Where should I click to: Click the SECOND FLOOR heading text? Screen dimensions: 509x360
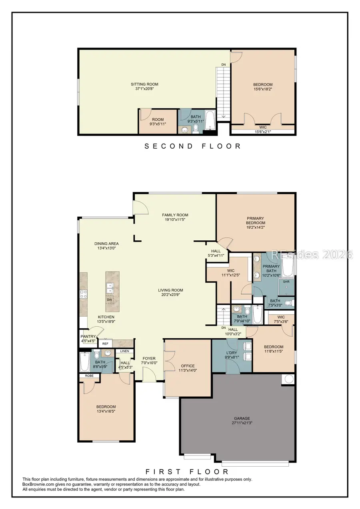click(x=192, y=146)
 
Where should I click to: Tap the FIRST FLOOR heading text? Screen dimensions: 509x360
click(x=187, y=471)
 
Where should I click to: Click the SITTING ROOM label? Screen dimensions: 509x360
click(x=144, y=84)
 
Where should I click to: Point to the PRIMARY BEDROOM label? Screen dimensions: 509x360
click(x=255, y=221)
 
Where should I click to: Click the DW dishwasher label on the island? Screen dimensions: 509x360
click(x=109, y=300)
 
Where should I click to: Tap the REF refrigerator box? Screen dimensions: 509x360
click(x=105, y=343)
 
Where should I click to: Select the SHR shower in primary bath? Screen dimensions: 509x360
click(x=286, y=281)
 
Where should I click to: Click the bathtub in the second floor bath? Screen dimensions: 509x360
click(x=210, y=120)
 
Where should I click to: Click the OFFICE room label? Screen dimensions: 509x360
click(x=188, y=366)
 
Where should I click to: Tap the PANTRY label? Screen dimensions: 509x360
click(x=88, y=336)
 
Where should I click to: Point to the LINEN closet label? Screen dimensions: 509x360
click(x=124, y=351)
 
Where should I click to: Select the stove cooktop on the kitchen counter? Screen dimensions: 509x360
click(x=84, y=294)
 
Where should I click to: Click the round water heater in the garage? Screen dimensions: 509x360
click(x=288, y=379)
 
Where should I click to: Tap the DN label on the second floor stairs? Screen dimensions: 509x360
click(x=224, y=65)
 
